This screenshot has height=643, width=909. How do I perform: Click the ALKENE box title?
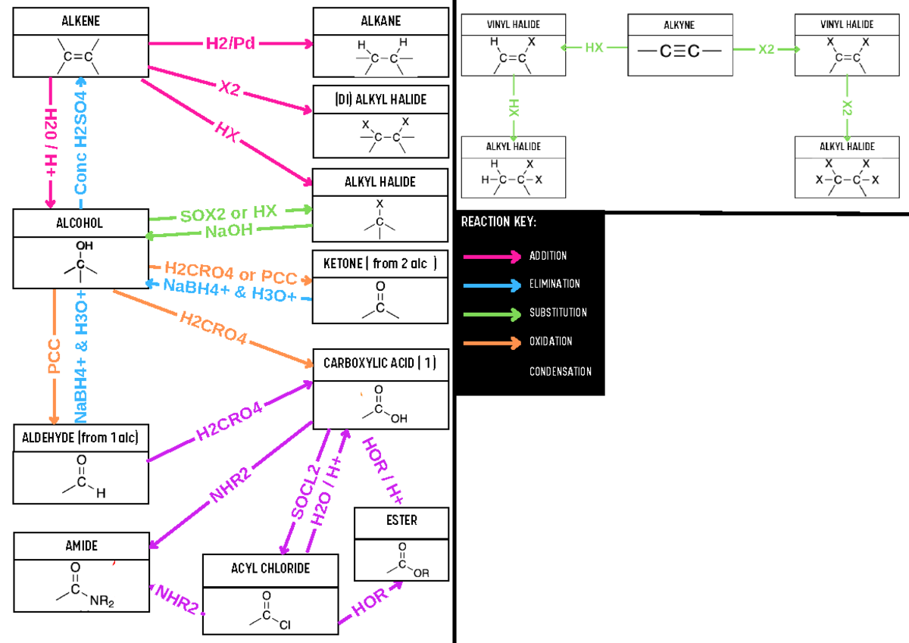80,20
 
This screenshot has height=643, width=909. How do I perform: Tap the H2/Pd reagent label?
230,43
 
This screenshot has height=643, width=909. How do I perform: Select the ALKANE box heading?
380,20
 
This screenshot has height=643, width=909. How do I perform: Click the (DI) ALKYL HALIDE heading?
380,99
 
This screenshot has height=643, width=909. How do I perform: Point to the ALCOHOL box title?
80,223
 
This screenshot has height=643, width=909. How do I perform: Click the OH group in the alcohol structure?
84,245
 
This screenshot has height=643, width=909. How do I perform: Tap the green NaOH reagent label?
229,231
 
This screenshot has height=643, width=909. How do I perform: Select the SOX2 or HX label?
229,213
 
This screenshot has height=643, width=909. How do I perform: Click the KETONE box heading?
380,264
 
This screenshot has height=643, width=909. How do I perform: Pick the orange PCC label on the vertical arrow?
54,356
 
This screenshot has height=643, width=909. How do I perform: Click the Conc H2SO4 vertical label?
81,142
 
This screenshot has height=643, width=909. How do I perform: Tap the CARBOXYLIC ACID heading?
380,363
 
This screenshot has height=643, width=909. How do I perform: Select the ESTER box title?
401,520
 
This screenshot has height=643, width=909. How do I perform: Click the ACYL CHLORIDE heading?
270,568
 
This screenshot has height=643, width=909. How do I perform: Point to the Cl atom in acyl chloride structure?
285,625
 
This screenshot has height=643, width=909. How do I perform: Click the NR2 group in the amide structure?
102,601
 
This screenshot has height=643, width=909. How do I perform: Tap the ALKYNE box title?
679,25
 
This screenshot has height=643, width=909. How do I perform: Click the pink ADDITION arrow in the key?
492,257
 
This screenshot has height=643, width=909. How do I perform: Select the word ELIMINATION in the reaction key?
554,283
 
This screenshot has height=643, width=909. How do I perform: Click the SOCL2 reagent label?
306,492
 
